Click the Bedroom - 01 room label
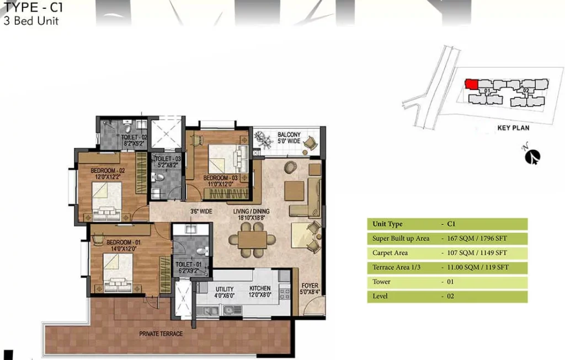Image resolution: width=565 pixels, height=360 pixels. [x=124, y=245]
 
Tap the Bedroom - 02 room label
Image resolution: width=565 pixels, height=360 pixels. [x=108, y=174]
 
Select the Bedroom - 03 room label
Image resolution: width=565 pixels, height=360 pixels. [x=220, y=181]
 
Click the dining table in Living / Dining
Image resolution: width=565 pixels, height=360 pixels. [x=252, y=239]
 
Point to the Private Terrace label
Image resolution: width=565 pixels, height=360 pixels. [x=161, y=334]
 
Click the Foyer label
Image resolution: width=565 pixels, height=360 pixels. [x=310, y=289]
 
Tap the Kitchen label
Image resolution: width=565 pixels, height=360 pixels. [x=260, y=291]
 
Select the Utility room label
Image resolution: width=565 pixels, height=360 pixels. [x=225, y=292]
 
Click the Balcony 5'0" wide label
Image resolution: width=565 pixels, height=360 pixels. [x=289, y=137]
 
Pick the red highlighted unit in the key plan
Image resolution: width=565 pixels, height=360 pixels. [x=471, y=84]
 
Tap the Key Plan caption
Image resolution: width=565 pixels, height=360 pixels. [x=513, y=128]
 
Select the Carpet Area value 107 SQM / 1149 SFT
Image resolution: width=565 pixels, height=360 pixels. [x=477, y=252]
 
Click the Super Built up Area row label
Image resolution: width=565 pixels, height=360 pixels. [x=401, y=238]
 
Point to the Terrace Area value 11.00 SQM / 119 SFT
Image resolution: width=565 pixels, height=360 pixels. [x=478, y=267]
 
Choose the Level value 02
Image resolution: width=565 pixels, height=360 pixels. [x=450, y=296]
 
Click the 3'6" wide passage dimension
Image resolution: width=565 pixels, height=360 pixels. [x=201, y=211]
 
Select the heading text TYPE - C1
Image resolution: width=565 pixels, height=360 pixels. [x=33, y=7]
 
